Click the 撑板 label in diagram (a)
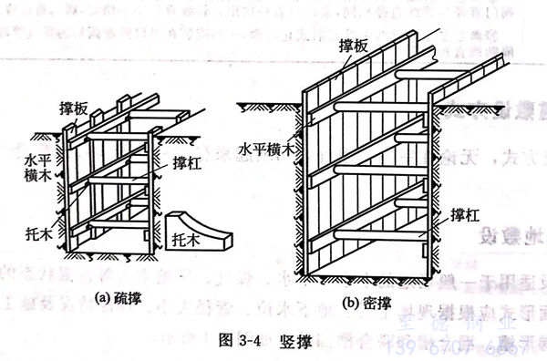pyautogui.click(x=76, y=108)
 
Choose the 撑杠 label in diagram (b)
pyautogui.click(x=465, y=217)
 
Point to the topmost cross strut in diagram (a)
pyautogui.click(x=119, y=139)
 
